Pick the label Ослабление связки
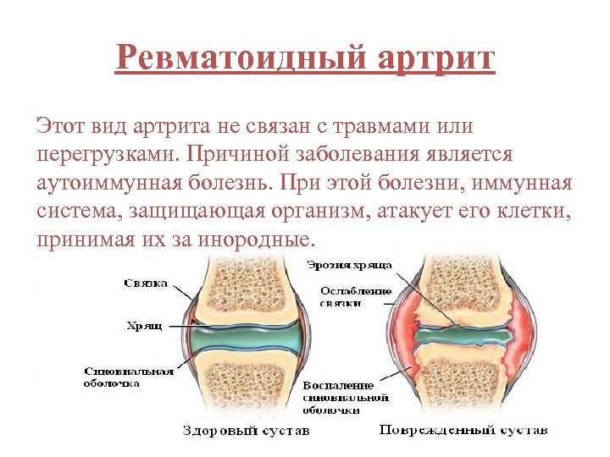(356, 297)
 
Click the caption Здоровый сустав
(247, 430)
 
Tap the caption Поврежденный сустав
(463, 430)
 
